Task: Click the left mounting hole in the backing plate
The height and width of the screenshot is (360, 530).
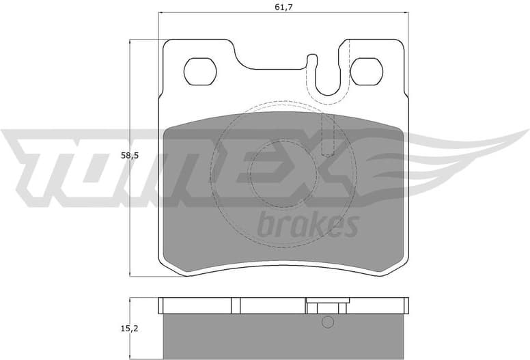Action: point(200,70)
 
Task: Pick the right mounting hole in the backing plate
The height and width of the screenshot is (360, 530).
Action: point(367,70)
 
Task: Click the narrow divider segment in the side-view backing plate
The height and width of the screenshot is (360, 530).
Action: point(236,305)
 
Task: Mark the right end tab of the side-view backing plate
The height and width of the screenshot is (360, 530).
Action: point(404,305)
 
